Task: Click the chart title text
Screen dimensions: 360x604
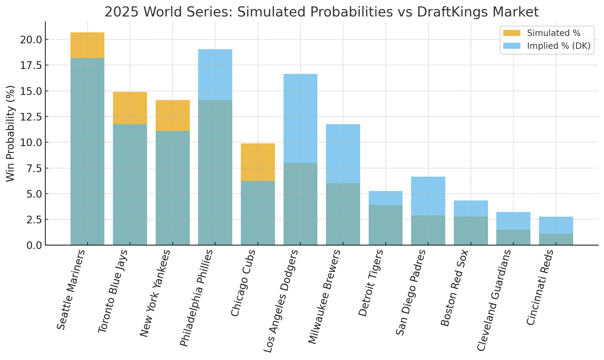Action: pos(322,12)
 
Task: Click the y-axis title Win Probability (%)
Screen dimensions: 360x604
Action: pos(10,134)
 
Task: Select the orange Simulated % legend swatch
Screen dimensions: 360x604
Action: pos(512,33)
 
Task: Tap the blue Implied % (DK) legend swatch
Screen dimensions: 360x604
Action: pos(512,46)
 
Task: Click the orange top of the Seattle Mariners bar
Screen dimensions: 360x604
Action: pos(87,45)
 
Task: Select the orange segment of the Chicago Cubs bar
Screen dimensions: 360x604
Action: pos(258,162)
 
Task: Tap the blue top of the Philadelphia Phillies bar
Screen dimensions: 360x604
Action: pos(215,74)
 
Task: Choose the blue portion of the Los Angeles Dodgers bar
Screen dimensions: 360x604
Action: pos(300,118)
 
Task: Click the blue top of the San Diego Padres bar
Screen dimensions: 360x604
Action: pos(428,196)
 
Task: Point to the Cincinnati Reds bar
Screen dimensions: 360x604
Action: pos(556,231)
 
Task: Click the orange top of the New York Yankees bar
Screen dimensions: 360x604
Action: pos(172,115)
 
